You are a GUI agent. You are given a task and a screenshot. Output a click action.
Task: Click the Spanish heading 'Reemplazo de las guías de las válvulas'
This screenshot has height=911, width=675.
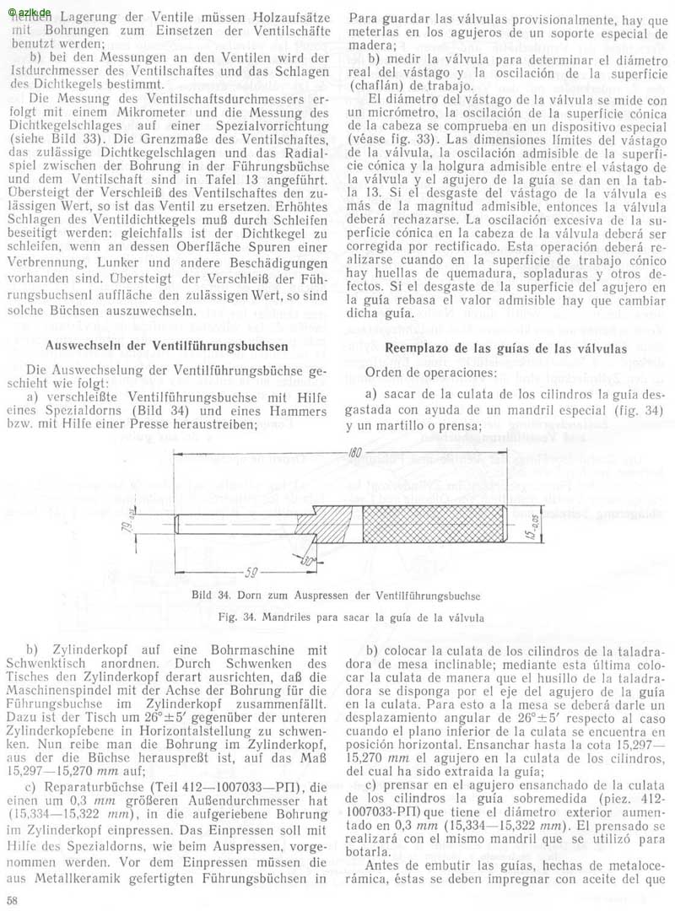[x=505, y=348]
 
